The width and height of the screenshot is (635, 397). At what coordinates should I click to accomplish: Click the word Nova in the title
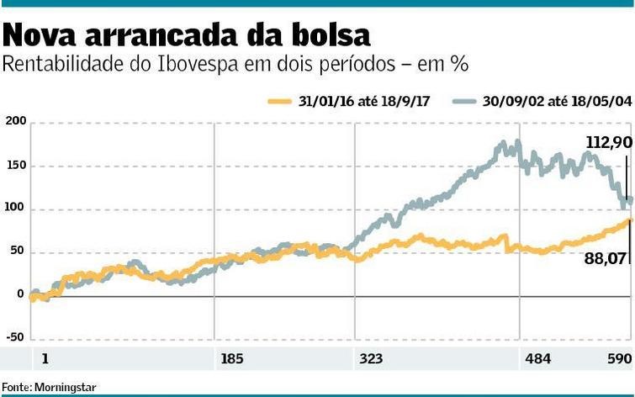[x=40, y=35]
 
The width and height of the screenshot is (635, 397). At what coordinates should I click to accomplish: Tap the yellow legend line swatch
[x=280, y=101]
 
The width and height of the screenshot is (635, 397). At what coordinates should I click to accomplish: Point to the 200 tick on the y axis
[x=14, y=123]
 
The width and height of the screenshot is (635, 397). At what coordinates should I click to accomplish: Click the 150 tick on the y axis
[x=14, y=166]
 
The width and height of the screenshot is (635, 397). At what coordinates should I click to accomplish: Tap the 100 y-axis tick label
[x=14, y=209]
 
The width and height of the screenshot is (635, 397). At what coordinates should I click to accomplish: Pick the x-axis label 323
[x=371, y=359]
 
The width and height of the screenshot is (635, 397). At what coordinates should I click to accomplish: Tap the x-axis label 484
[x=537, y=359]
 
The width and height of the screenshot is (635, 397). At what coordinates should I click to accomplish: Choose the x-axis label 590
[x=619, y=359]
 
